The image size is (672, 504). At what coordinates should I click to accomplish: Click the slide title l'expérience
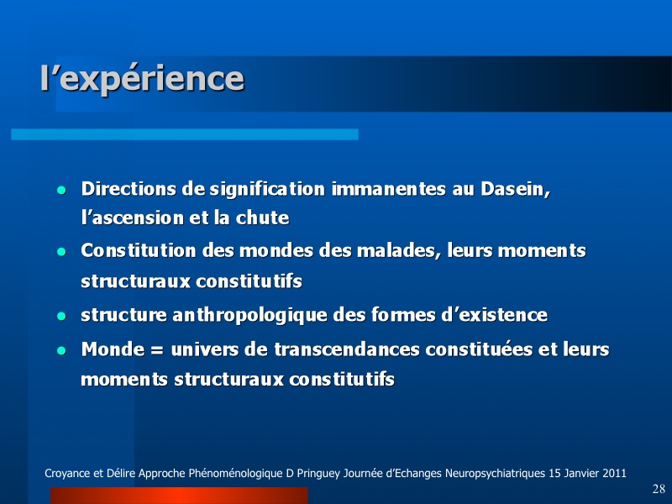(142, 79)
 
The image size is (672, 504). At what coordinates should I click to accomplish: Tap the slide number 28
(659, 489)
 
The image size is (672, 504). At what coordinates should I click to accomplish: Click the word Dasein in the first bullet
(515, 189)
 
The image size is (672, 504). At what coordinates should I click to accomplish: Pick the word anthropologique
(249, 316)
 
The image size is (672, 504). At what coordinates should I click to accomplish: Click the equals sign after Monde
(157, 350)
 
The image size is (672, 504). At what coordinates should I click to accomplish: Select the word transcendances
(347, 349)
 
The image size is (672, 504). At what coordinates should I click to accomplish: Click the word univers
(204, 349)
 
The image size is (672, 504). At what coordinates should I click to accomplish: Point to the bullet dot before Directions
(61, 190)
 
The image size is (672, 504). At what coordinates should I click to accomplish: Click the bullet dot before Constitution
(61, 251)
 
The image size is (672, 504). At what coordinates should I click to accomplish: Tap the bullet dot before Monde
(61, 350)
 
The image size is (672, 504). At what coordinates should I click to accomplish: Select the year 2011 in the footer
(614, 474)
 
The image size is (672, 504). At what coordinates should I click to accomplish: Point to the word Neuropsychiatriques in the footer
(495, 474)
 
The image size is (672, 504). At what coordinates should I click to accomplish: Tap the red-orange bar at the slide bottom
(179, 496)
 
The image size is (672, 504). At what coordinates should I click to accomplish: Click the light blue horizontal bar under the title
(185, 134)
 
